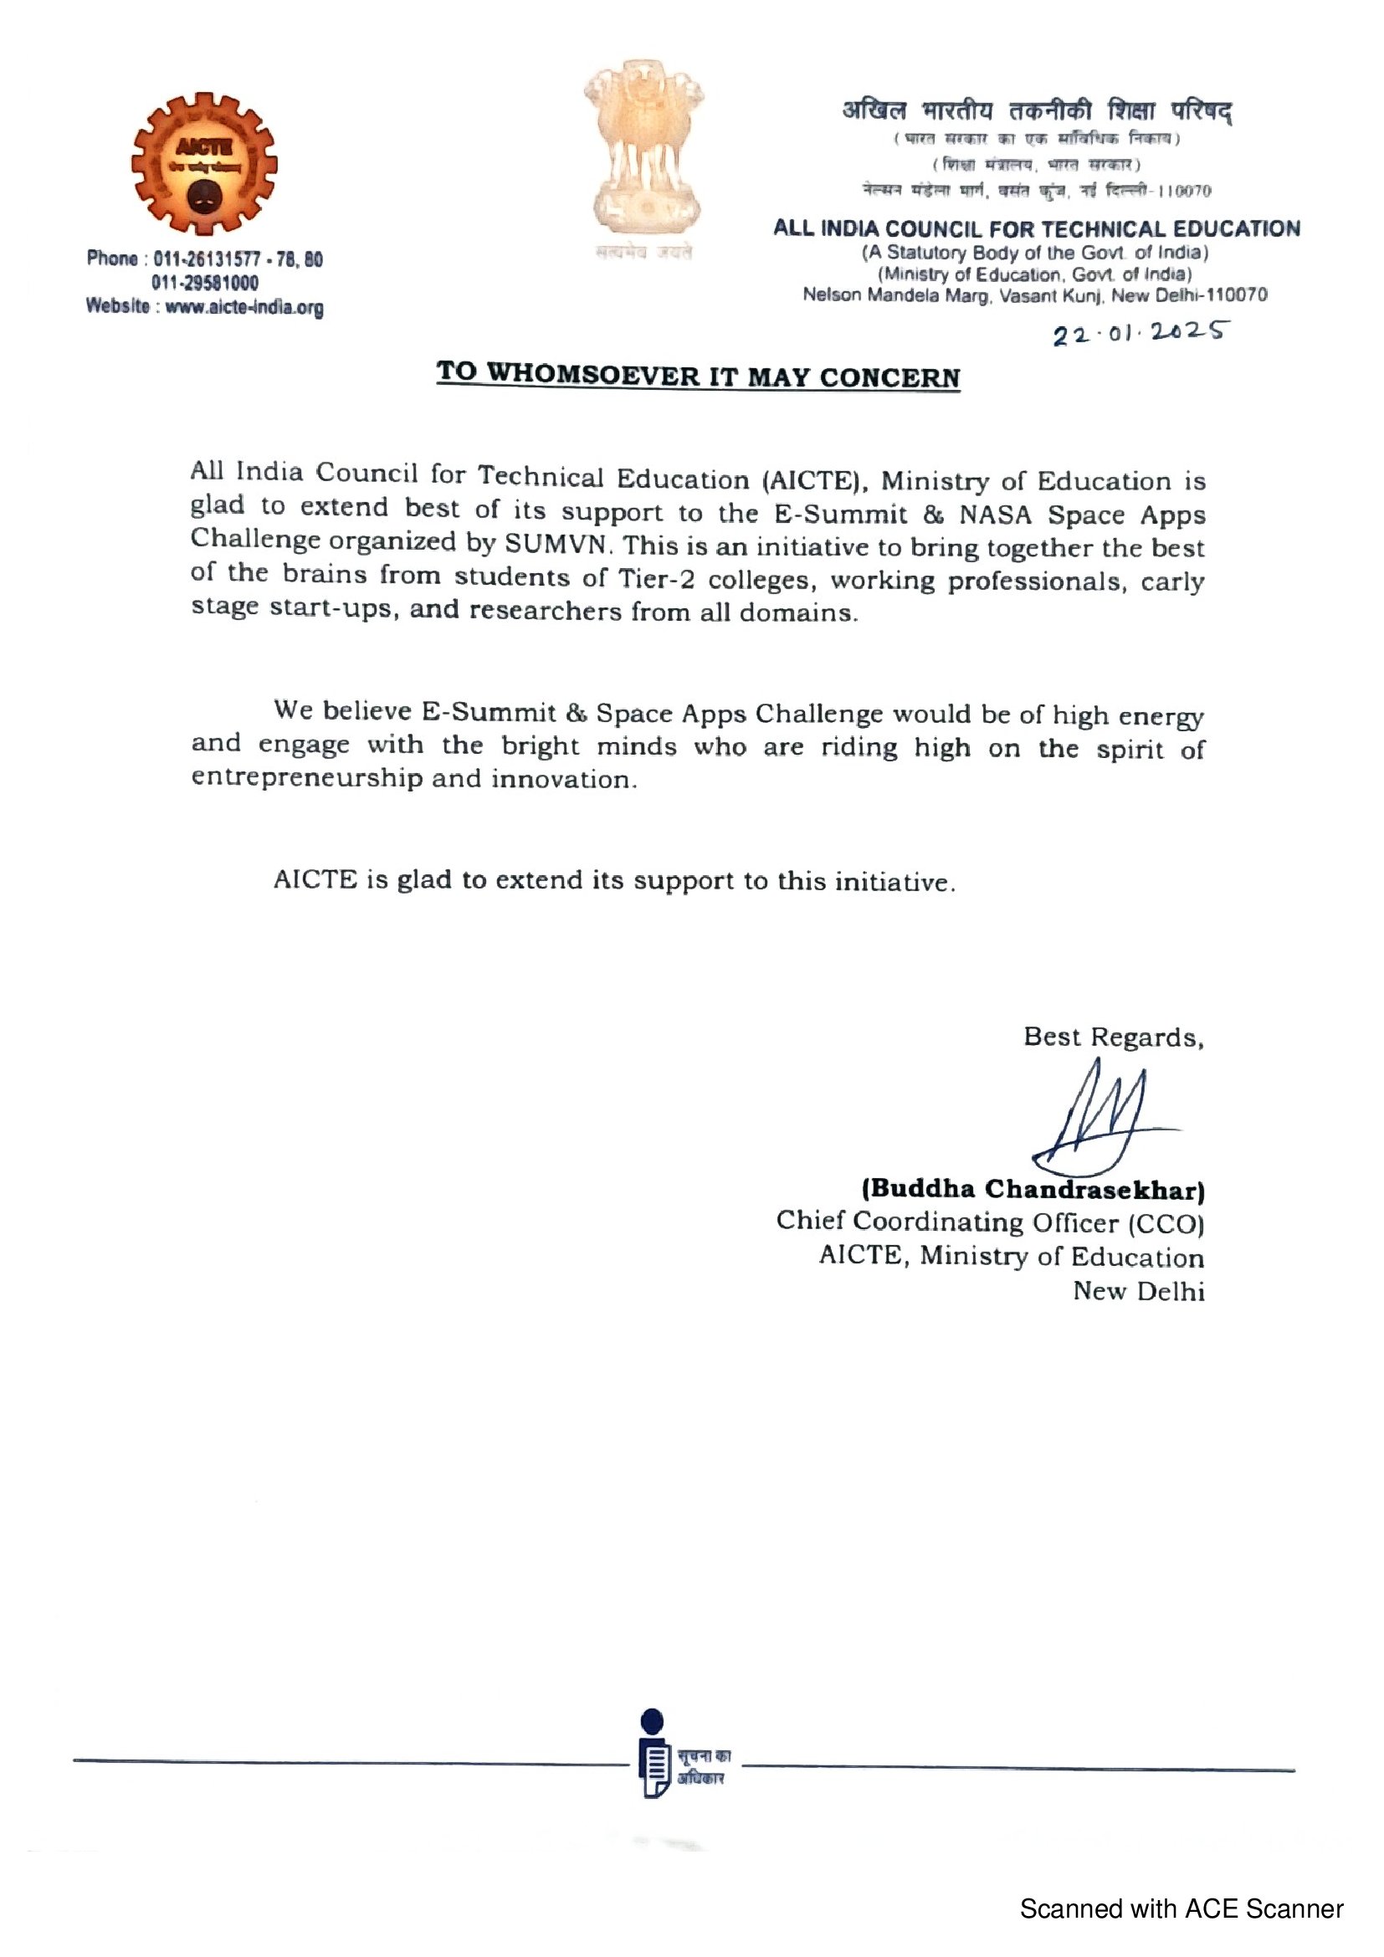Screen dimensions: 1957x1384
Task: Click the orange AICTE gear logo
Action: coord(204,165)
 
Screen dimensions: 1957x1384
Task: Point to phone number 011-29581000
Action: coord(205,283)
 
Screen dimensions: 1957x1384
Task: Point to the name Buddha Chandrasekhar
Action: coord(1033,1189)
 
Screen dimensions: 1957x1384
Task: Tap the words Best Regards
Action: coord(1113,1037)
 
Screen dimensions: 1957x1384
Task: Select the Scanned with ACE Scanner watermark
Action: coord(1182,1908)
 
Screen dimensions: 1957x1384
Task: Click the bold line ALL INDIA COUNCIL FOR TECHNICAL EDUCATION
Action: coord(1036,228)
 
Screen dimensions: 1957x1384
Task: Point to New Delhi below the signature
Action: coord(1139,1291)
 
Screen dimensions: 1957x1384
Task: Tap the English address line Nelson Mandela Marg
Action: coord(1034,295)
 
